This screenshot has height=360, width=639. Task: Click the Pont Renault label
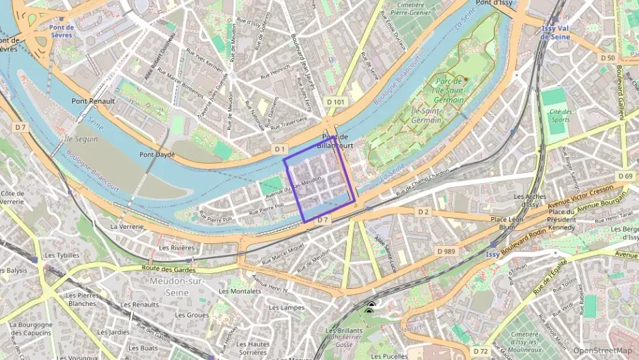(94, 100)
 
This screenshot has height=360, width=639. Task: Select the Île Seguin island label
(81, 139)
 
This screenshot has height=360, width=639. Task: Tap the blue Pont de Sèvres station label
(61, 32)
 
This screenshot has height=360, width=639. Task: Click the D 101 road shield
(336, 102)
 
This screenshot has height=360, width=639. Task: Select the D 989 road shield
(446, 251)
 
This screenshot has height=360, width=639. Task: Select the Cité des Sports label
(560, 115)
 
